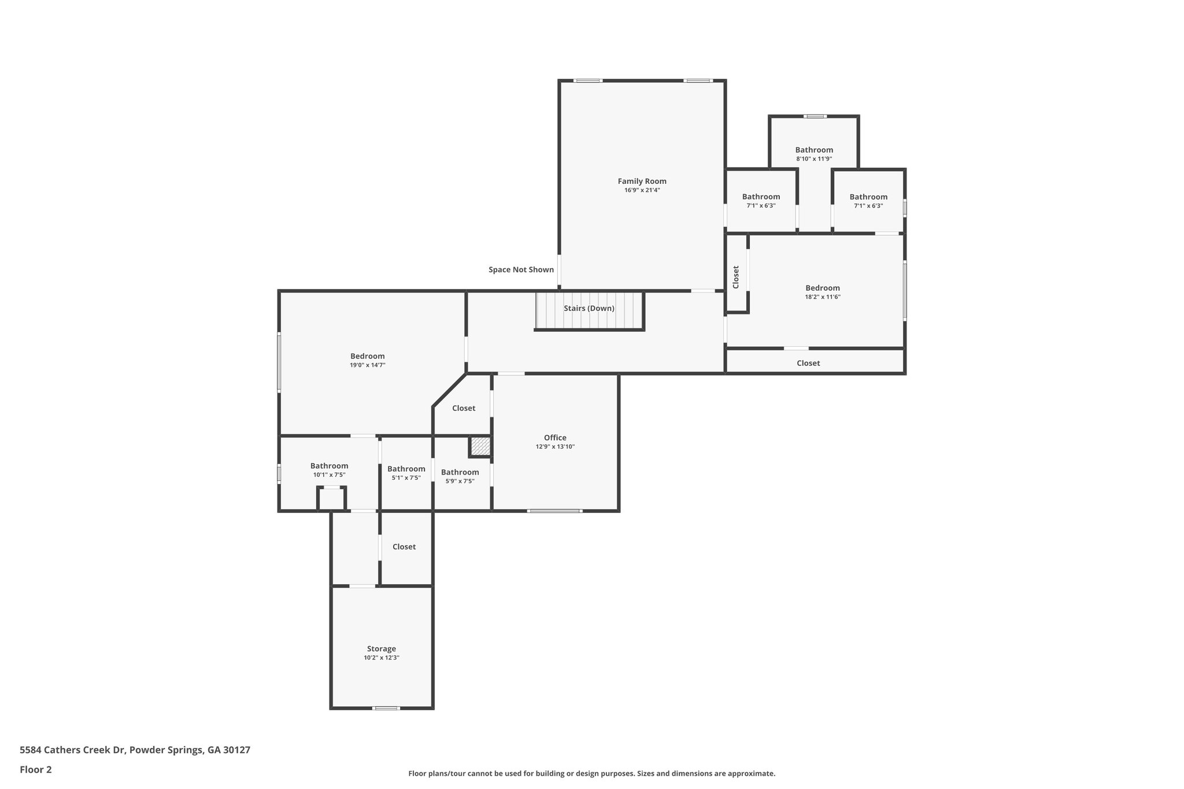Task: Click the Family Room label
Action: (x=642, y=181)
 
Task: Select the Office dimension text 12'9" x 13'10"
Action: (x=555, y=447)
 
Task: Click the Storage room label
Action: (x=382, y=649)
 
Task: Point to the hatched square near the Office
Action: (x=480, y=446)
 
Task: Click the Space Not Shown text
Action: (x=521, y=269)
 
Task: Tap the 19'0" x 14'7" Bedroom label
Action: (x=367, y=356)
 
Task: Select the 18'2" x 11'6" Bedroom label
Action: (x=822, y=288)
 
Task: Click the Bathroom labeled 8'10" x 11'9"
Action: (x=813, y=150)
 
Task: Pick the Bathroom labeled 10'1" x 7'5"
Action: (x=329, y=466)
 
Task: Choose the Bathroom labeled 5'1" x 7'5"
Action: (x=406, y=469)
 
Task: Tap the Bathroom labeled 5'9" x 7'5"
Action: (x=460, y=472)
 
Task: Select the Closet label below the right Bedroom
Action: (x=808, y=363)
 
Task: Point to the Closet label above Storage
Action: (x=404, y=546)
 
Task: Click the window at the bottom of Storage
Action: (x=386, y=708)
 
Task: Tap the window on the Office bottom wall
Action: (x=554, y=511)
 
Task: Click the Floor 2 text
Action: (x=36, y=769)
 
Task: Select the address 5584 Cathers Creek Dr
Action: (x=135, y=750)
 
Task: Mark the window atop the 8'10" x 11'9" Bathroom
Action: (x=815, y=116)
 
